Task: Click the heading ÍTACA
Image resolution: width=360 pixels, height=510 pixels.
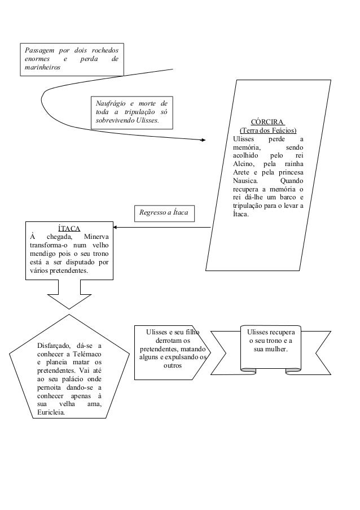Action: coord(71,228)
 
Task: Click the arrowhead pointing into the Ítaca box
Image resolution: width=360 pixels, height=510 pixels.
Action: coord(117,228)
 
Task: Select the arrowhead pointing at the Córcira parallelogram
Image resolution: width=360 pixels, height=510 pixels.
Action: coord(203,140)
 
